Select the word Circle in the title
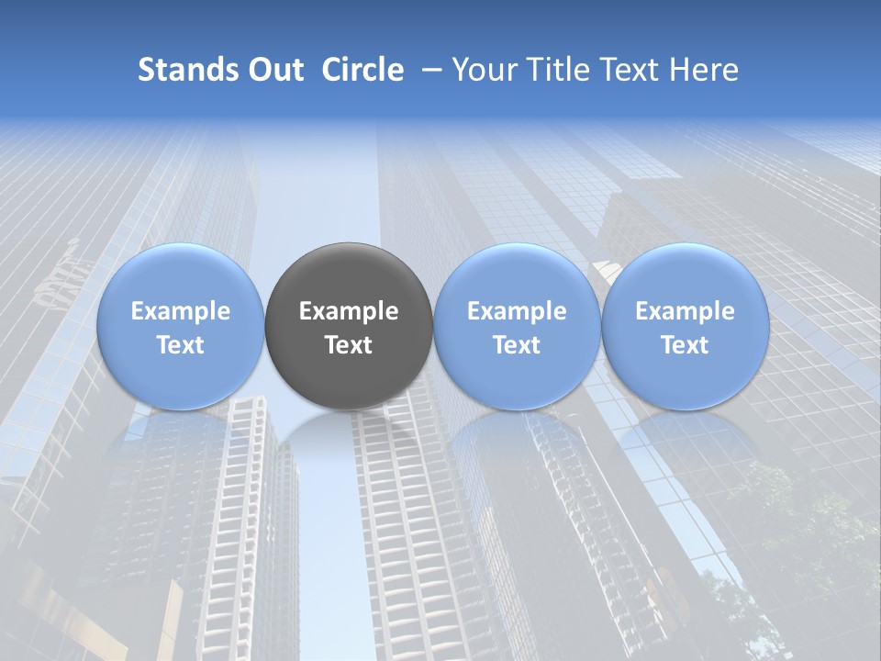pyautogui.click(x=362, y=70)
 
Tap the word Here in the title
pyautogui.click(x=705, y=70)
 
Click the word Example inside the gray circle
pyautogui.click(x=349, y=311)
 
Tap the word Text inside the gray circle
pyautogui.click(x=349, y=345)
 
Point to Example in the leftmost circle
pyautogui.click(x=180, y=311)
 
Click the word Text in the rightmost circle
pyautogui.click(x=685, y=345)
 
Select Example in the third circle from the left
pyautogui.click(x=517, y=311)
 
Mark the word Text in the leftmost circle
pyautogui.click(x=180, y=345)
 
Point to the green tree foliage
pyautogui.click(x=808, y=532)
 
